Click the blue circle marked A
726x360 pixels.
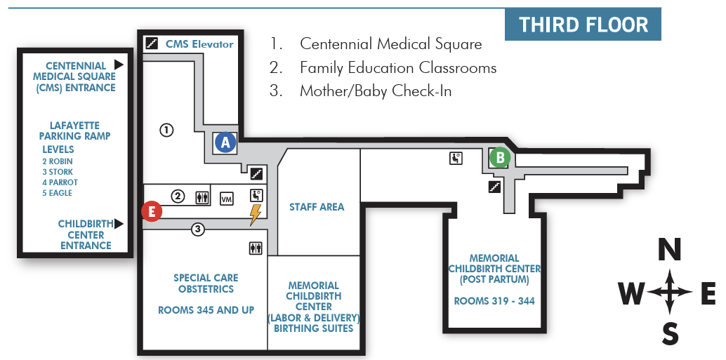pos(225,142)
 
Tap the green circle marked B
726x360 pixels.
pos(500,157)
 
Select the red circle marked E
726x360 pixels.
pos(152,211)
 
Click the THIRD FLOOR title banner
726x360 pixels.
pos(583,25)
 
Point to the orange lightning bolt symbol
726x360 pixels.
pos(255,214)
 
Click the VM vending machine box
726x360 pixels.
pos(227,199)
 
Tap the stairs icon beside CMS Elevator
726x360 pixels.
pos(151,44)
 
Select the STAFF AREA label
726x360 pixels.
pos(317,207)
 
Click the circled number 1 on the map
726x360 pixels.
pos(166,130)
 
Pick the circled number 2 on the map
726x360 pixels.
pos(178,196)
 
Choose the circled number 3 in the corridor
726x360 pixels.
pos(198,229)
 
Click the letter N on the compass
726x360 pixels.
pos(671,250)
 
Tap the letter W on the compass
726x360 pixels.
pos(631,294)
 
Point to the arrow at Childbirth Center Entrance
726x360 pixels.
pos(119,224)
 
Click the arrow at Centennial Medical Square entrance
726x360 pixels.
pos(119,64)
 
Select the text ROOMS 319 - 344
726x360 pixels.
pos(494,301)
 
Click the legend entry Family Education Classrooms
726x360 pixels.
pos(397,68)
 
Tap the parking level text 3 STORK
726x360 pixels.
pos(58,172)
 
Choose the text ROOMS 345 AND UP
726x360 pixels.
pos(206,310)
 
